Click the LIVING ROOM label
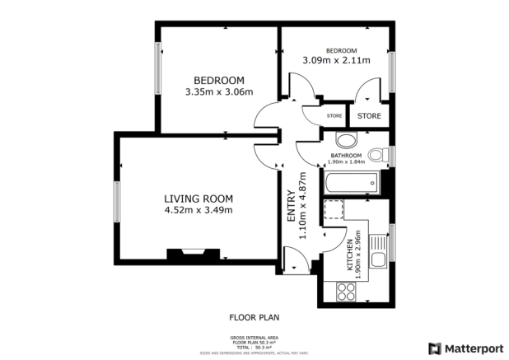(x=198, y=199)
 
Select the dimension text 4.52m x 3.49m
(x=198, y=210)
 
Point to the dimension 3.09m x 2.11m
(x=336, y=60)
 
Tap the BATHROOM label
(x=346, y=155)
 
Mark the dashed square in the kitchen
(x=334, y=210)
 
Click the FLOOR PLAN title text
(x=254, y=316)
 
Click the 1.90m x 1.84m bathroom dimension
(x=346, y=162)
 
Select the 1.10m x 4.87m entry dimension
(x=303, y=206)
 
